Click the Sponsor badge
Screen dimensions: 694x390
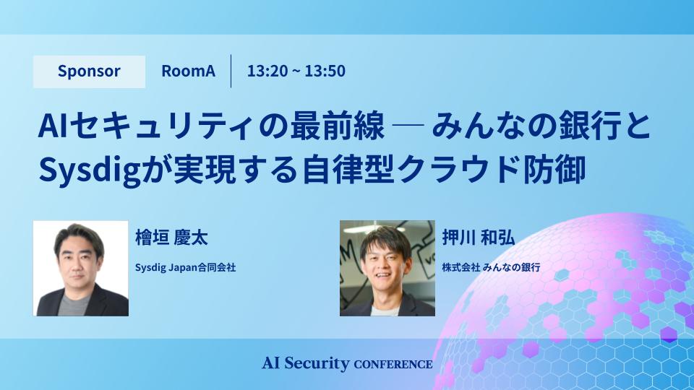coord(89,71)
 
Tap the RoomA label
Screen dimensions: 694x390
coord(188,71)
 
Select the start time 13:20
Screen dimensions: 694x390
coord(267,71)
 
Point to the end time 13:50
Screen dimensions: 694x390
coord(325,71)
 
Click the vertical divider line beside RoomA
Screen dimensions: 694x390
coord(231,71)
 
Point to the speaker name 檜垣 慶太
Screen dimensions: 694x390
coord(171,238)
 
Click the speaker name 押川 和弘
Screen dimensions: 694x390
coord(478,238)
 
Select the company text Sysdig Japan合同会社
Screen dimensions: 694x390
coord(186,267)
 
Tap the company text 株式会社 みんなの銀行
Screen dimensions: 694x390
coord(491,267)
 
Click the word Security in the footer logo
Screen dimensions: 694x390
coord(317,363)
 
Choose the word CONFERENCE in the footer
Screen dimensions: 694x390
coord(393,365)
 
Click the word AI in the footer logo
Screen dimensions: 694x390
coord(271,363)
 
